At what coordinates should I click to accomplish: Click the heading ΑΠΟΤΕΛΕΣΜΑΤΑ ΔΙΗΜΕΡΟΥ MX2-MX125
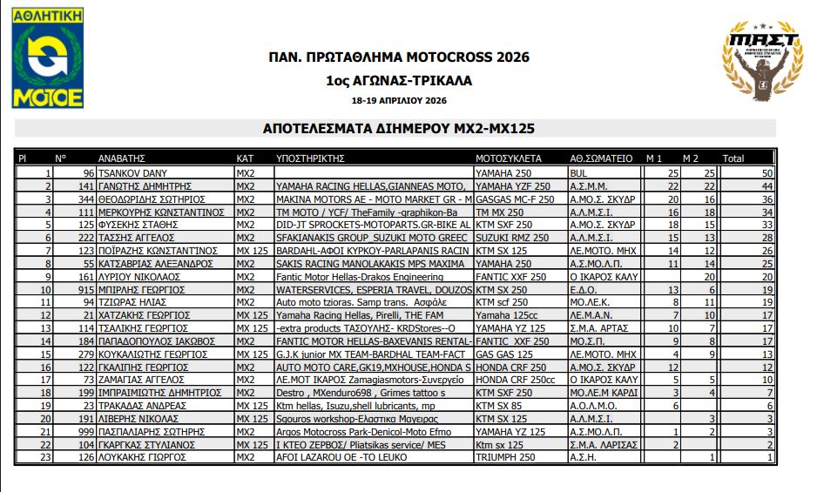[398, 128]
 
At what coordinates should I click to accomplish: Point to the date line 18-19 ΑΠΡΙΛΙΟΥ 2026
[398, 101]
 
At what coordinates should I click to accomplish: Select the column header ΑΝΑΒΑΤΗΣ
[121, 159]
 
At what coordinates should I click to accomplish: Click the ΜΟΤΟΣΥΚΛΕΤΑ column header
[509, 159]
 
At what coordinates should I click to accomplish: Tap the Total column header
[733, 159]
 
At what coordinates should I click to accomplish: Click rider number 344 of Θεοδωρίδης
[85, 199]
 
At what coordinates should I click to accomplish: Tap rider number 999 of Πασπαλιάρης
[85, 430]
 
